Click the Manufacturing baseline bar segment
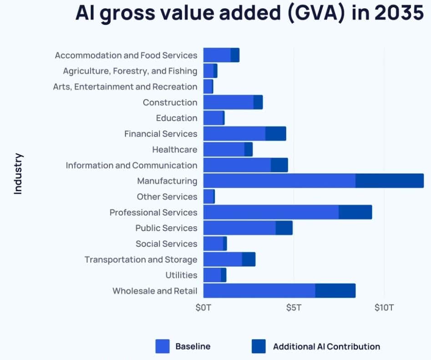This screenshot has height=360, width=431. (x=279, y=181)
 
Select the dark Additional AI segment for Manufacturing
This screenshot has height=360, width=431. (x=389, y=181)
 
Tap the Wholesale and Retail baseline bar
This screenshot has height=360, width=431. (x=259, y=290)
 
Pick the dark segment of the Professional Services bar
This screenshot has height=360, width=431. (x=355, y=212)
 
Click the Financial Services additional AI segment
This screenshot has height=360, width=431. (x=275, y=134)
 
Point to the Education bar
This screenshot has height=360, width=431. (x=213, y=118)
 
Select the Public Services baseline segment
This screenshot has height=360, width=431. (x=239, y=228)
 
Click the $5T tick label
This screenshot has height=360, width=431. (x=294, y=308)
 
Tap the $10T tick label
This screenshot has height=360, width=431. (x=384, y=308)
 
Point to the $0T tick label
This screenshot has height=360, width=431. (x=203, y=308)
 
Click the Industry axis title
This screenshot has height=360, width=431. (x=18, y=174)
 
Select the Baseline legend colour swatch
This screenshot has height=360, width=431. (x=162, y=346)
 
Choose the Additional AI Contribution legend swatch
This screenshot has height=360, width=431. (x=259, y=346)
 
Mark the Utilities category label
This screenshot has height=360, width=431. (x=181, y=275)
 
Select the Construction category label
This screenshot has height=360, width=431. (x=170, y=102)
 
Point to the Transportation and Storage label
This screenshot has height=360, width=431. (x=141, y=259)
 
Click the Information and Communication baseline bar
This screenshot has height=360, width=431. (x=237, y=165)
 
